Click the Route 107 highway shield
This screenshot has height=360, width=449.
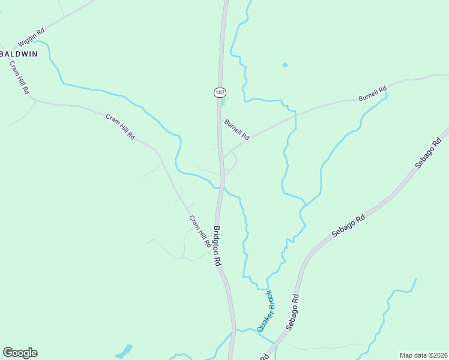[x=220, y=92]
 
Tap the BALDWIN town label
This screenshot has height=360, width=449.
[x=19, y=54]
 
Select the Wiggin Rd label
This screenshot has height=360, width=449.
[x=32, y=39]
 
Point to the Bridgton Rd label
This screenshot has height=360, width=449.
[x=218, y=246]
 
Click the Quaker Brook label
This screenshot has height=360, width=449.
[x=265, y=310]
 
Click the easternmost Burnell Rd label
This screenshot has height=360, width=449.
[x=373, y=94]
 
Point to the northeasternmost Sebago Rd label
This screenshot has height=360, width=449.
[x=428, y=152]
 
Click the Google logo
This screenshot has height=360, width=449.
[x=20, y=353]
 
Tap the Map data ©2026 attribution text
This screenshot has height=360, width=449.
[x=423, y=355]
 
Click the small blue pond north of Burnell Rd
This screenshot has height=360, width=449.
[x=285, y=65]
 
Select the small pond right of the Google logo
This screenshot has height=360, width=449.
[x=125, y=350]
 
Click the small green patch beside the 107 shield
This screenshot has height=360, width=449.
[x=224, y=101]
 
